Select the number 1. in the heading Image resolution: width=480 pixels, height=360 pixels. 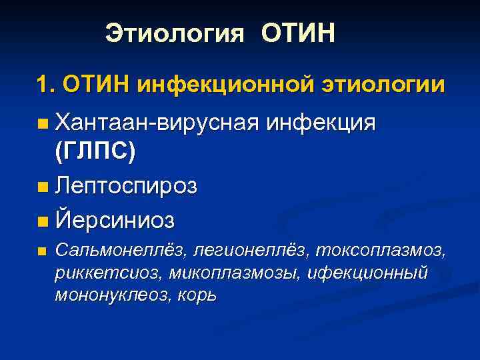pyautogui.click(x=47, y=85)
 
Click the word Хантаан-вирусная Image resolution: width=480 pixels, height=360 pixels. pyautogui.click(x=157, y=123)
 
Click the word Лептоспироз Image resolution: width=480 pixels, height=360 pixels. pyautogui.click(x=127, y=186)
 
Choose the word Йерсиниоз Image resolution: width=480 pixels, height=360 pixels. pyautogui.click(x=116, y=218)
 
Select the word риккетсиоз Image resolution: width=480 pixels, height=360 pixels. pyautogui.click(x=109, y=273)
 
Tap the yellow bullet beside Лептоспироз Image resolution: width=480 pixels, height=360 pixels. pyautogui.click(x=43, y=187)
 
